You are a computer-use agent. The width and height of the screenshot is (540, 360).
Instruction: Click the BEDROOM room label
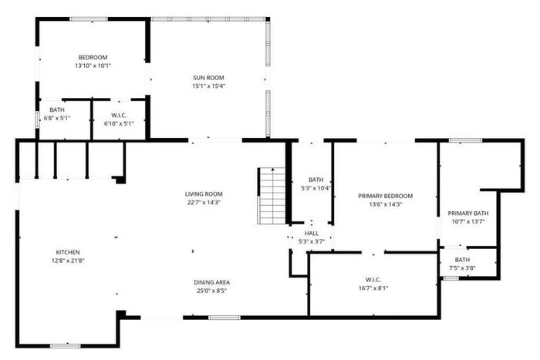click(93, 58)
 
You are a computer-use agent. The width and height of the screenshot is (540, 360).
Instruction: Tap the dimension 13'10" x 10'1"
click(93, 66)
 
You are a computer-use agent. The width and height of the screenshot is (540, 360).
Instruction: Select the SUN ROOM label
click(208, 78)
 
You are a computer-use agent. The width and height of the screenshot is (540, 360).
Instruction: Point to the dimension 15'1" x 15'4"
click(208, 86)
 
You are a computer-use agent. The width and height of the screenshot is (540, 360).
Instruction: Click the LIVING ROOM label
click(204, 194)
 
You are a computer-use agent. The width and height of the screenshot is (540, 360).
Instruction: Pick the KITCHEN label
click(68, 252)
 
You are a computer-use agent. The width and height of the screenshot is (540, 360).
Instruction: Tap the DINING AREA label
click(212, 282)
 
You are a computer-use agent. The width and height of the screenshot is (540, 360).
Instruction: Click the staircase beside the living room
click(272, 196)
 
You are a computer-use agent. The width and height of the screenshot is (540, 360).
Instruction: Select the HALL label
click(312, 234)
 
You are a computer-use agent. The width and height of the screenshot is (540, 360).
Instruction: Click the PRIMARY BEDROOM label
click(386, 196)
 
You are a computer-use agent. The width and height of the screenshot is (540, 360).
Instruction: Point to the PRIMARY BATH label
click(468, 214)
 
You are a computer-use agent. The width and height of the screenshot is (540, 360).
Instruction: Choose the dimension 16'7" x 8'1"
click(373, 288)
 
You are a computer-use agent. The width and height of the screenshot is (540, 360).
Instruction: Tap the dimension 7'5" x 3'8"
click(462, 267)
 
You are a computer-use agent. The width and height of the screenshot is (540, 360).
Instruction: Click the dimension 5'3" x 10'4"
click(316, 188)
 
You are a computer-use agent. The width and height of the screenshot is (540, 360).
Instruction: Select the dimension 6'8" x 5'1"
click(57, 118)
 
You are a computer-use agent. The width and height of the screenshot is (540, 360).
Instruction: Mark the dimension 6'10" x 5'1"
click(119, 123)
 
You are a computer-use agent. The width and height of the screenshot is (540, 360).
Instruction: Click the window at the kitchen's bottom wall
click(66, 346)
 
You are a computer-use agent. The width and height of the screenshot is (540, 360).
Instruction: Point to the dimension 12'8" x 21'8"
click(68, 261)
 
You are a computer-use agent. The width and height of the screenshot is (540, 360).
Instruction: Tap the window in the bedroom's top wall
click(89, 19)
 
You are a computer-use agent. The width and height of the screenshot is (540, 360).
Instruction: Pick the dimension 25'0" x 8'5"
click(212, 291)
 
